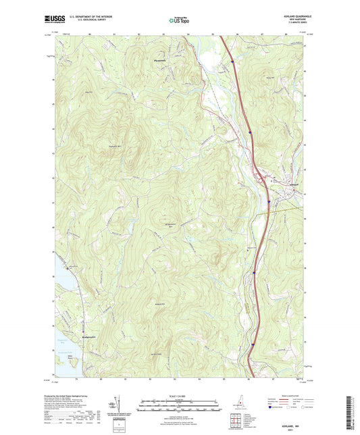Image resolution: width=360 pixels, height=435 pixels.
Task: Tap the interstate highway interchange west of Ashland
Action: click(268, 201)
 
